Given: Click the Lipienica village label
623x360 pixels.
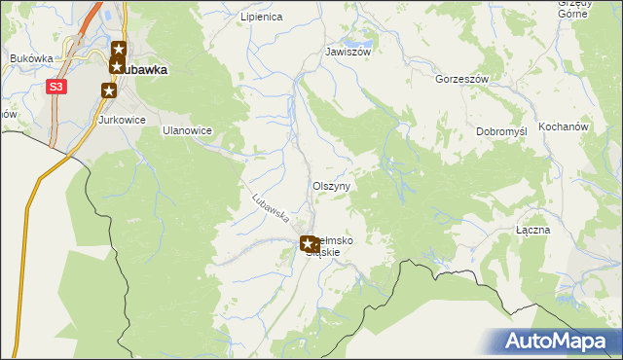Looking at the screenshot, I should [261, 17].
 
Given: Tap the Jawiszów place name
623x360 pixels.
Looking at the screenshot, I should [348, 52].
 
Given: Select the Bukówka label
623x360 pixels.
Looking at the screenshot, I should [31, 58].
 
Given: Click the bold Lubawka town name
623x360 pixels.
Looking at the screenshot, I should [145, 70].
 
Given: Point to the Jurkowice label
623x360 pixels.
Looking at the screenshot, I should [122, 120].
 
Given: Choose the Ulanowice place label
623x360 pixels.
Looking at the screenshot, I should [187, 129].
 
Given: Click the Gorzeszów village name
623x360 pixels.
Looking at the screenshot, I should [461, 79].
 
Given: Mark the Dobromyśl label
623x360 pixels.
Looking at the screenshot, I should [500, 130].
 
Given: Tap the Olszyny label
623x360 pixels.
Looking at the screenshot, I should [331, 186].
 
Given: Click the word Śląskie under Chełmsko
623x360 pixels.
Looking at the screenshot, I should [324, 253].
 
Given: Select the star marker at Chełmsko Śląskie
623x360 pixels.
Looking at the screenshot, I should [308, 244].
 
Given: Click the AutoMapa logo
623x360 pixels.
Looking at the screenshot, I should [556, 342].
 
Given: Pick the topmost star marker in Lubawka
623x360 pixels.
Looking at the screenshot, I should [119, 49].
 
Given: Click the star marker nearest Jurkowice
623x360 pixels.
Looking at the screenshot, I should [109, 90].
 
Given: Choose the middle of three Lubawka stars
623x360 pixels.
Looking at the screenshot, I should [117, 67].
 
